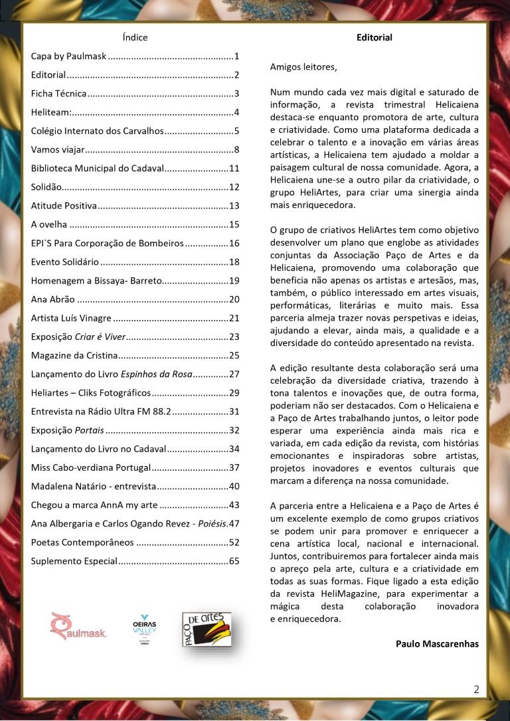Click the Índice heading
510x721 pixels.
pyautogui.click(x=135, y=37)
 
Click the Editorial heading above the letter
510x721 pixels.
pyautogui.click(x=375, y=37)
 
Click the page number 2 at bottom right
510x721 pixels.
pyautogui.click(x=477, y=689)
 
